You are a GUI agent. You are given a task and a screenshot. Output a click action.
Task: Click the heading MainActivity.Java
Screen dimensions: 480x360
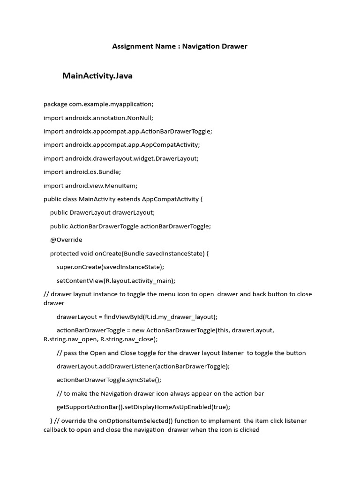97,76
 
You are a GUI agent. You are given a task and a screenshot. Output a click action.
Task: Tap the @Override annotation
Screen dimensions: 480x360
66,240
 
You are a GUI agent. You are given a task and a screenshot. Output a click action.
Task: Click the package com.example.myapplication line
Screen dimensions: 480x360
98,104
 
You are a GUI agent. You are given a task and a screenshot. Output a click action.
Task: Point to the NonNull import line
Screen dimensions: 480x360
98,118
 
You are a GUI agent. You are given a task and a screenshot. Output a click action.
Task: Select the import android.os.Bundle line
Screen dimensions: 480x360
82,172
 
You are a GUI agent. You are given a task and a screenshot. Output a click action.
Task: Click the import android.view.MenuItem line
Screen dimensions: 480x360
90,186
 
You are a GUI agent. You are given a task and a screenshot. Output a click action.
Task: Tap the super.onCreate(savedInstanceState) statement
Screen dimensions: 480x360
110,267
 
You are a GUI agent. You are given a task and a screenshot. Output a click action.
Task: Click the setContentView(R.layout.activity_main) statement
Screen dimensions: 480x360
116,280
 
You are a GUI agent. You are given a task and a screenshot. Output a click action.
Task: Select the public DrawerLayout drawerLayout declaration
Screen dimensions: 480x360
102,212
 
